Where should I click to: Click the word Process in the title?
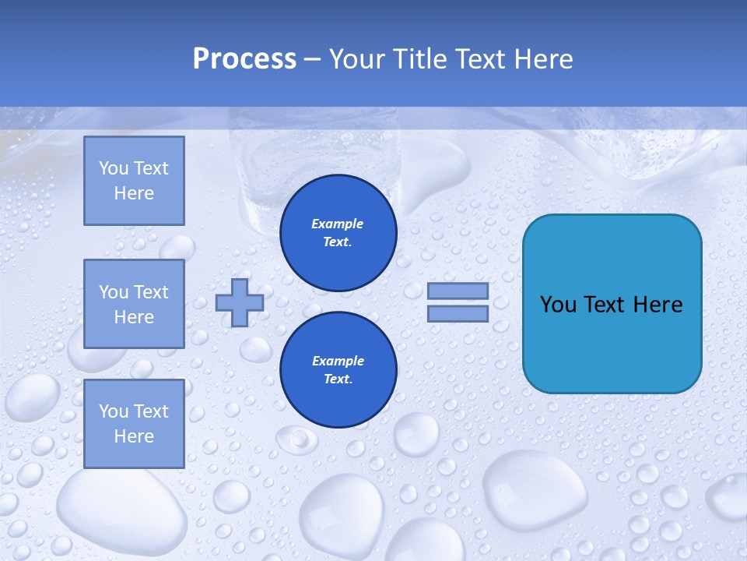tap(244, 59)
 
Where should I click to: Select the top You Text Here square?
tap(134, 181)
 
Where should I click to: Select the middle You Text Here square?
tap(134, 304)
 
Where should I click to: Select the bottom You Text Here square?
tap(134, 424)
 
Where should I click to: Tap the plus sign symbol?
tap(239, 302)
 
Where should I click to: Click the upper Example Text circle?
tap(338, 233)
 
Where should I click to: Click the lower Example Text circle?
tap(338, 370)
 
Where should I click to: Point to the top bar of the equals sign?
tap(458, 291)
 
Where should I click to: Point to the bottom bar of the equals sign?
tap(458, 314)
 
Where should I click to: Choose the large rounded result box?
tap(612, 304)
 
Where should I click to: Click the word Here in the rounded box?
tap(658, 304)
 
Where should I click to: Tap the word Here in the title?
tap(543, 59)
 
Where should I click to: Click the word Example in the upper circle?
tap(338, 224)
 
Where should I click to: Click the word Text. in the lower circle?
tap(338, 379)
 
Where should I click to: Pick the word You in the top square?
tap(114, 168)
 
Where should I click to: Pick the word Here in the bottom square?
tap(134, 436)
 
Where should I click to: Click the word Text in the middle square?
tap(151, 292)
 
